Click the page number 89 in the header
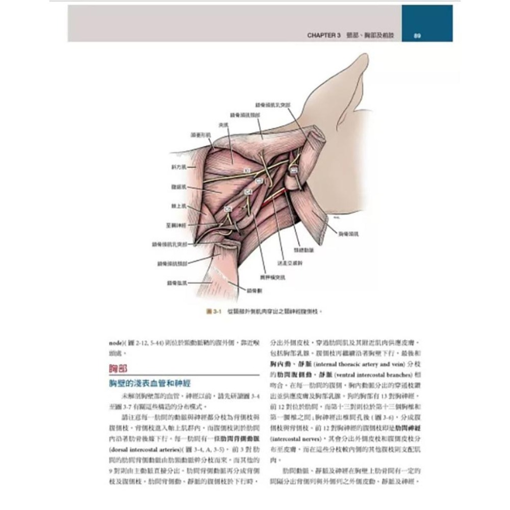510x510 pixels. click(417, 36)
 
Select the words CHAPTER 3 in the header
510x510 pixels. click(324, 36)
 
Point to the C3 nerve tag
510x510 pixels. click(259, 181)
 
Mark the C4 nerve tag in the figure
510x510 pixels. click(248, 192)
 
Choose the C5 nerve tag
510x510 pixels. click(228, 209)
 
